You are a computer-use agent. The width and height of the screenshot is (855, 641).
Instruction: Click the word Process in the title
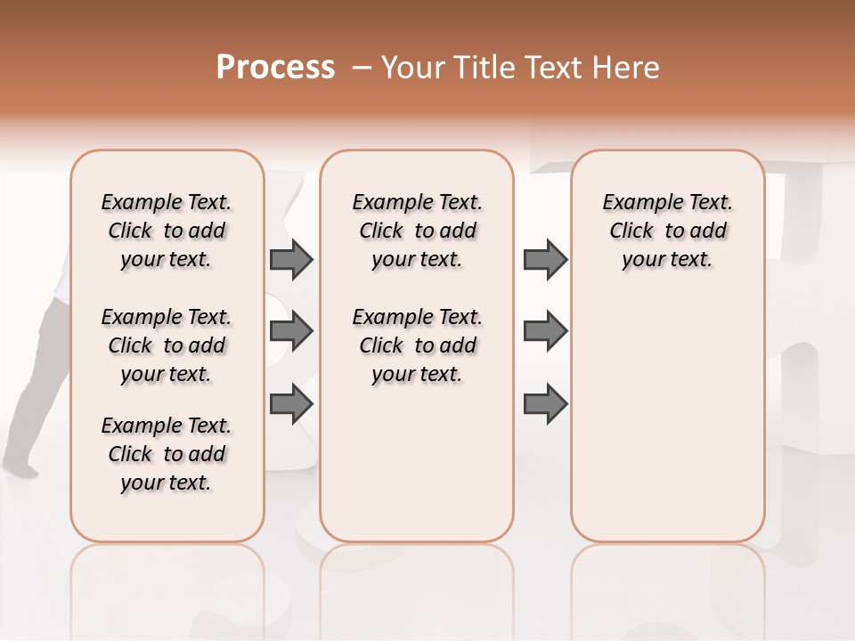pyautogui.click(x=275, y=68)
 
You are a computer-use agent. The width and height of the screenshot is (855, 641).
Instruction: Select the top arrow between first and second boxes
pyautogui.click(x=291, y=259)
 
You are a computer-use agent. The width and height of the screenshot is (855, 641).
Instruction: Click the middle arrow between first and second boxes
pyautogui.click(x=291, y=332)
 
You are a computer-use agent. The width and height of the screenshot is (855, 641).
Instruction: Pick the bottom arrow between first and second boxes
pyautogui.click(x=291, y=405)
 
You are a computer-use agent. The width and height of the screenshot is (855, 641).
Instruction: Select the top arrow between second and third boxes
pyautogui.click(x=545, y=259)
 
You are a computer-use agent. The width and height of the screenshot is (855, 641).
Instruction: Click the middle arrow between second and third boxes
pyautogui.click(x=545, y=332)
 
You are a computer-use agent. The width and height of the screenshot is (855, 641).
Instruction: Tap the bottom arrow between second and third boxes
pyautogui.click(x=545, y=405)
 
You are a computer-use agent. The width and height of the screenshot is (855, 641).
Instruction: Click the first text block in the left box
pyautogui.click(x=167, y=231)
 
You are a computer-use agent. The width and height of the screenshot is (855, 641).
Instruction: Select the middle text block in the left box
pyautogui.click(x=167, y=345)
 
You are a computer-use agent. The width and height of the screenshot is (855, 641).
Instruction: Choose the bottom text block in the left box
pyautogui.click(x=167, y=454)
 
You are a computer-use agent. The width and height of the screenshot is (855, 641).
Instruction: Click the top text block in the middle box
pyautogui.click(x=417, y=231)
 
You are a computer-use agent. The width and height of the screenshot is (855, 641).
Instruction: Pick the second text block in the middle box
pyautogui.click(x=417, y=345)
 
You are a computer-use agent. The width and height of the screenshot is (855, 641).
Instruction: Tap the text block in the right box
pyautogui.click(x=667, y=231)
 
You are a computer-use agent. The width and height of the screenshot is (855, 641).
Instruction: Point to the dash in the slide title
pyautogui.click(x=362, y=68)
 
